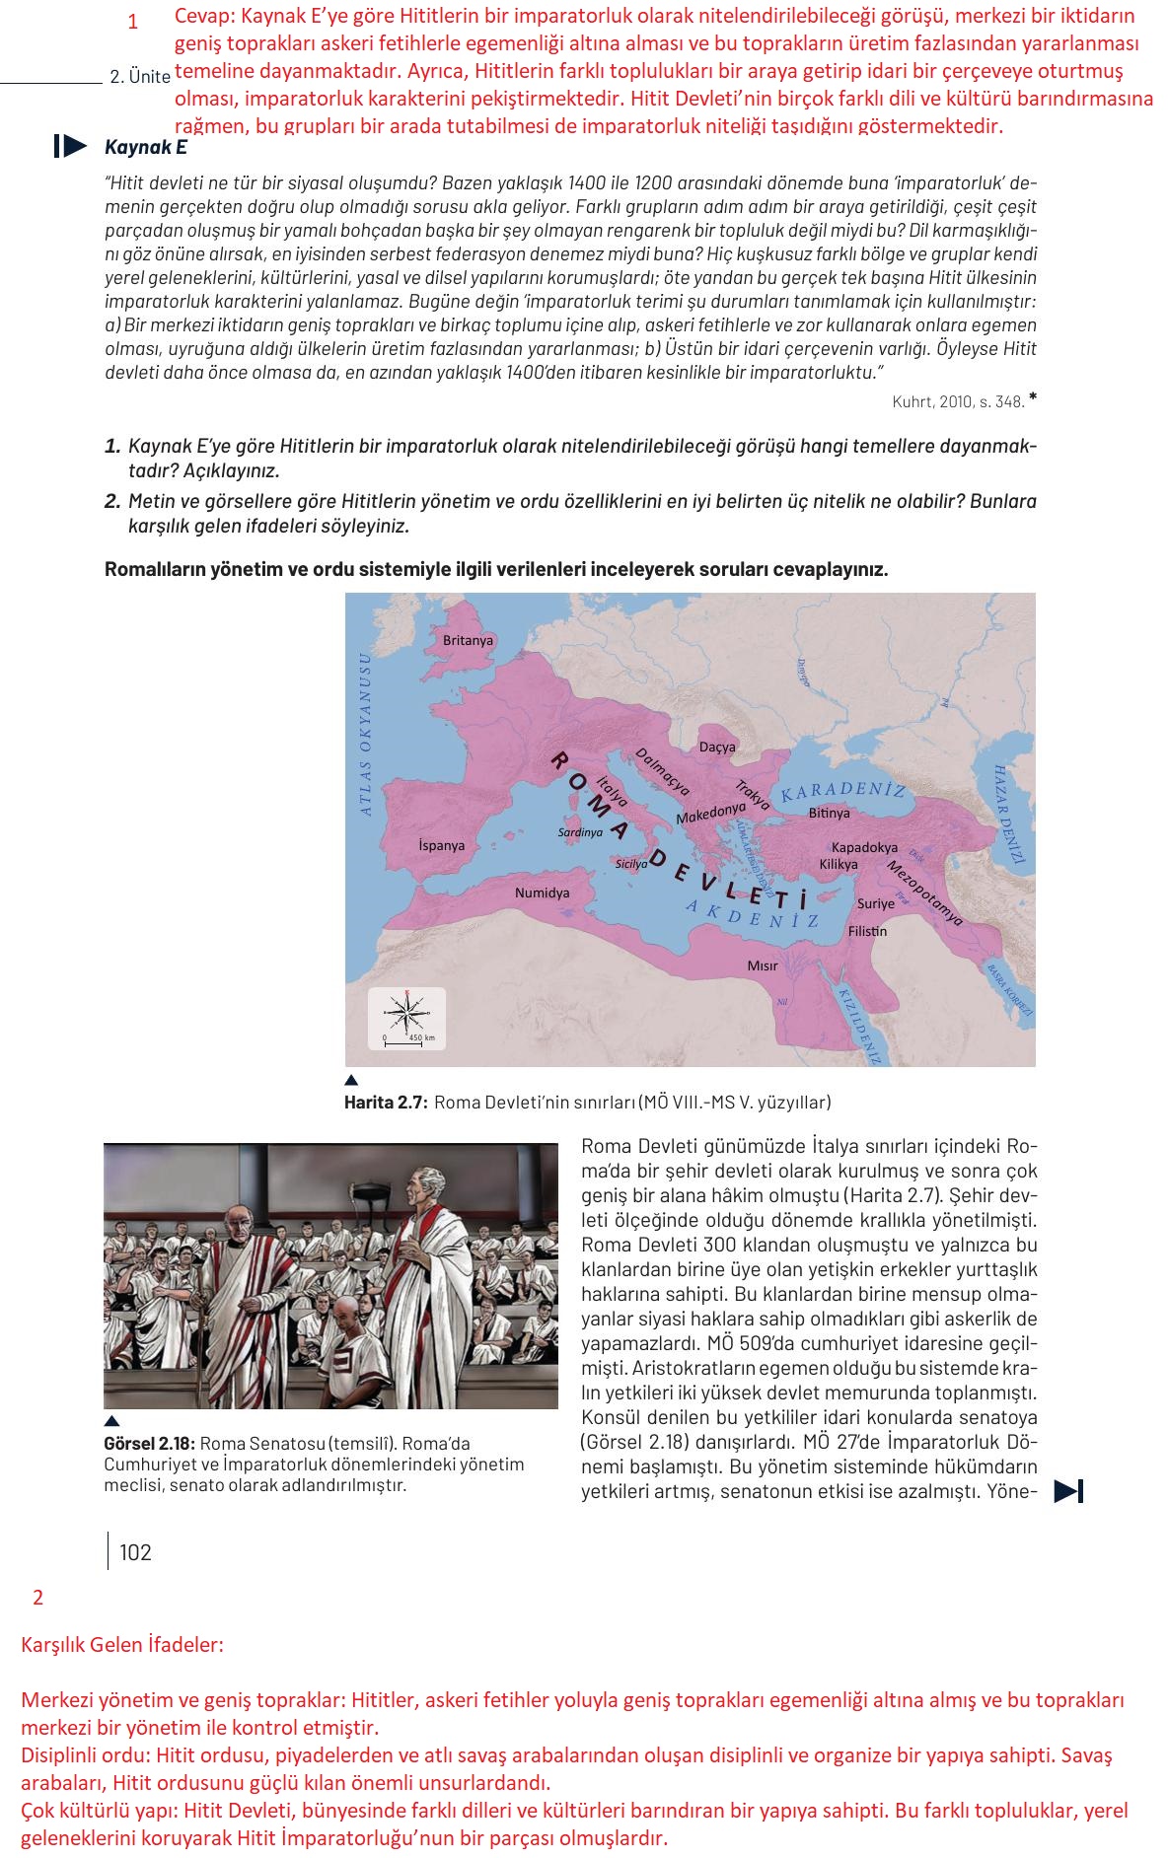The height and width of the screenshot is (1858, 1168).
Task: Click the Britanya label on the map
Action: click(x=468, y=640)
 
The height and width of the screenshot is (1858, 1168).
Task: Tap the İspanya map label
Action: click(x=441, y=845)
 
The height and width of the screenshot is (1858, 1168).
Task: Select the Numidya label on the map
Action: click(x=542, y=893)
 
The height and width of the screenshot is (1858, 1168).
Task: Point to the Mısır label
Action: click(x=762, y=965)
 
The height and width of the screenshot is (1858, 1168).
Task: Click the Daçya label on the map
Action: click(x=717, y=747)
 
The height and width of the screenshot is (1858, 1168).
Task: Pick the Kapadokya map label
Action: click(x=864, y=847)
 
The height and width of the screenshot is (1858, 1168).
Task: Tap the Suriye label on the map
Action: click(x=875, y=902)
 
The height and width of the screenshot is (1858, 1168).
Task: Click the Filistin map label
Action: click(x=867, y=931)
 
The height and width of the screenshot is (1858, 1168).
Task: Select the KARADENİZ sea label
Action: click(x=843, y=792)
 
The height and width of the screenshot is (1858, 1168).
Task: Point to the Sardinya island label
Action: click(x=580, y=832)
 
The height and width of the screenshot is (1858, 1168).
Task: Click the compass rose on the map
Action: click(x=406, y=1011)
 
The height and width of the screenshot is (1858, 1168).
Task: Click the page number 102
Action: click(x=135, y=1552)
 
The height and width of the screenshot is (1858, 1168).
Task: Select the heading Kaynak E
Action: click(x=145, y=148)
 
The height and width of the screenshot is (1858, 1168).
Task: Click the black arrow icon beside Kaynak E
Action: click(x=70, y=147)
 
